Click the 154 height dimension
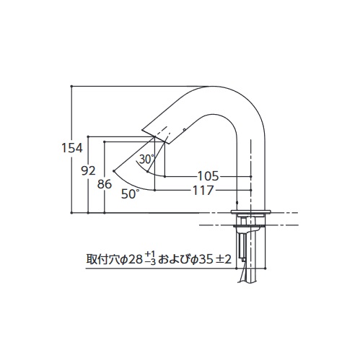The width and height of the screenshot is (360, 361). [72, 148]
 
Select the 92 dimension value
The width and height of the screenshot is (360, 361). [88, 171]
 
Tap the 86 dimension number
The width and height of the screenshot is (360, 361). [105, 184]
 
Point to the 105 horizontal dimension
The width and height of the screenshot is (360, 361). [208, 176]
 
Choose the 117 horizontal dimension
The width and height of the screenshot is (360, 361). [203, 191]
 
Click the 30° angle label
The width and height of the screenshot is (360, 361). [146, 159]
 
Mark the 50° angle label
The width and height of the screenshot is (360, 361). [130, 193]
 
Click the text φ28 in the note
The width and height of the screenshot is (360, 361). [132, 259]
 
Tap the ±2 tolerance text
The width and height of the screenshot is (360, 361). [224, 259]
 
